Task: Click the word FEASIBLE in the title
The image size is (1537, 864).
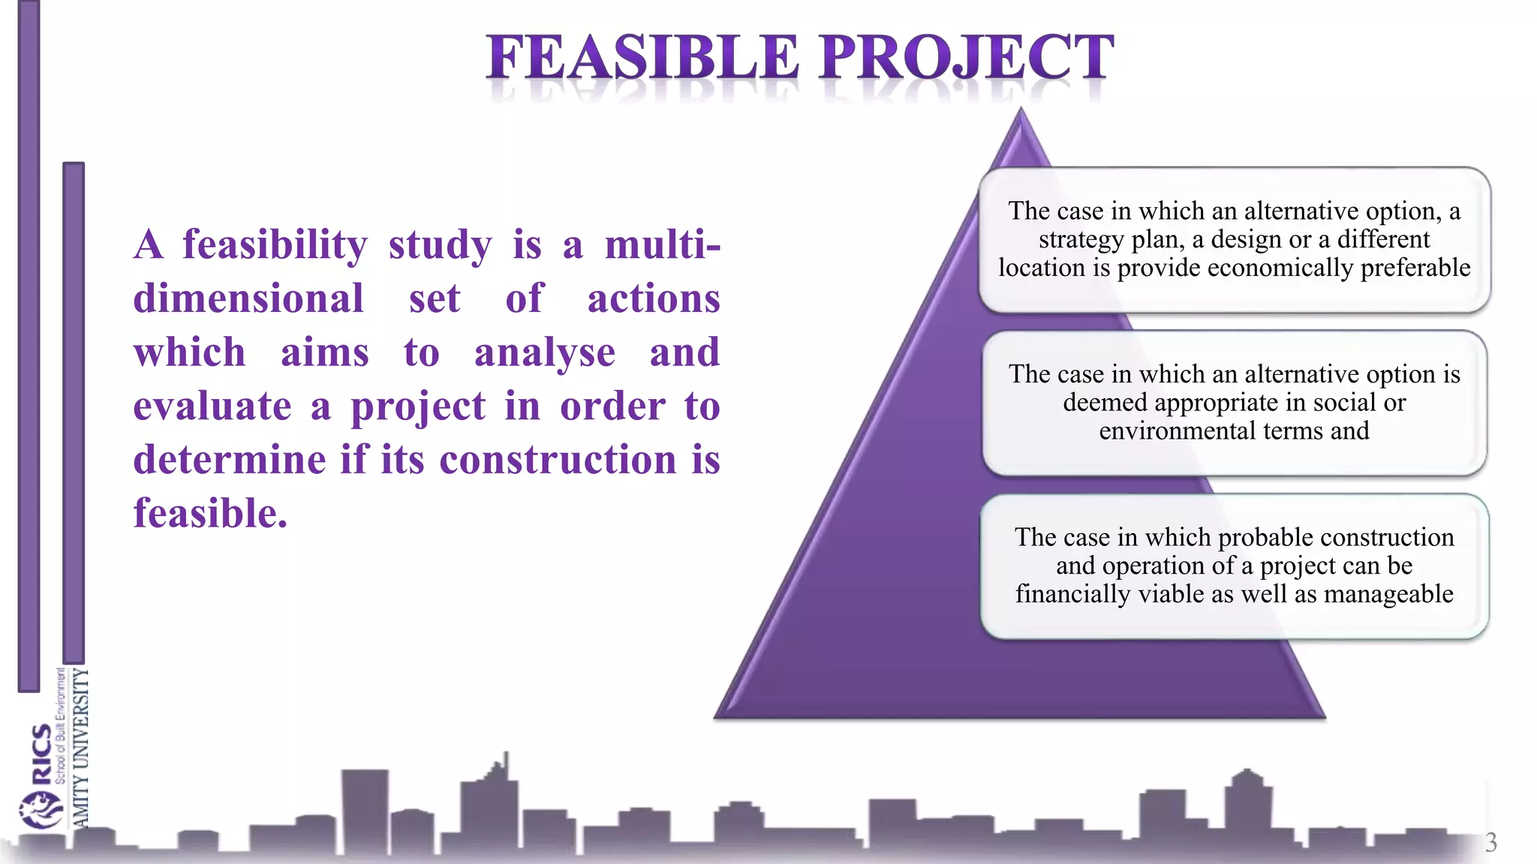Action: point(642,58)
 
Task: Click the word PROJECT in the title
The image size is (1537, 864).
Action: point(967,58)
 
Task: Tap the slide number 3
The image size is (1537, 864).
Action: point(1490,842)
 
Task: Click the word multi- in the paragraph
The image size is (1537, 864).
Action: point(662,245)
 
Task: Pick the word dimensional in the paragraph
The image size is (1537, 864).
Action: point(248,299)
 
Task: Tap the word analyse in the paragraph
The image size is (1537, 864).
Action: point(544,353)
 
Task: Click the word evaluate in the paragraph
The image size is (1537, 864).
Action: point(212,407)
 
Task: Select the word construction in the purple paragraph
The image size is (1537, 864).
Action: point(558,460)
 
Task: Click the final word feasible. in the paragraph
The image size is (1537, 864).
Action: point(210,514)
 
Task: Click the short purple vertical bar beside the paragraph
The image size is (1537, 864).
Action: point(74,412)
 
